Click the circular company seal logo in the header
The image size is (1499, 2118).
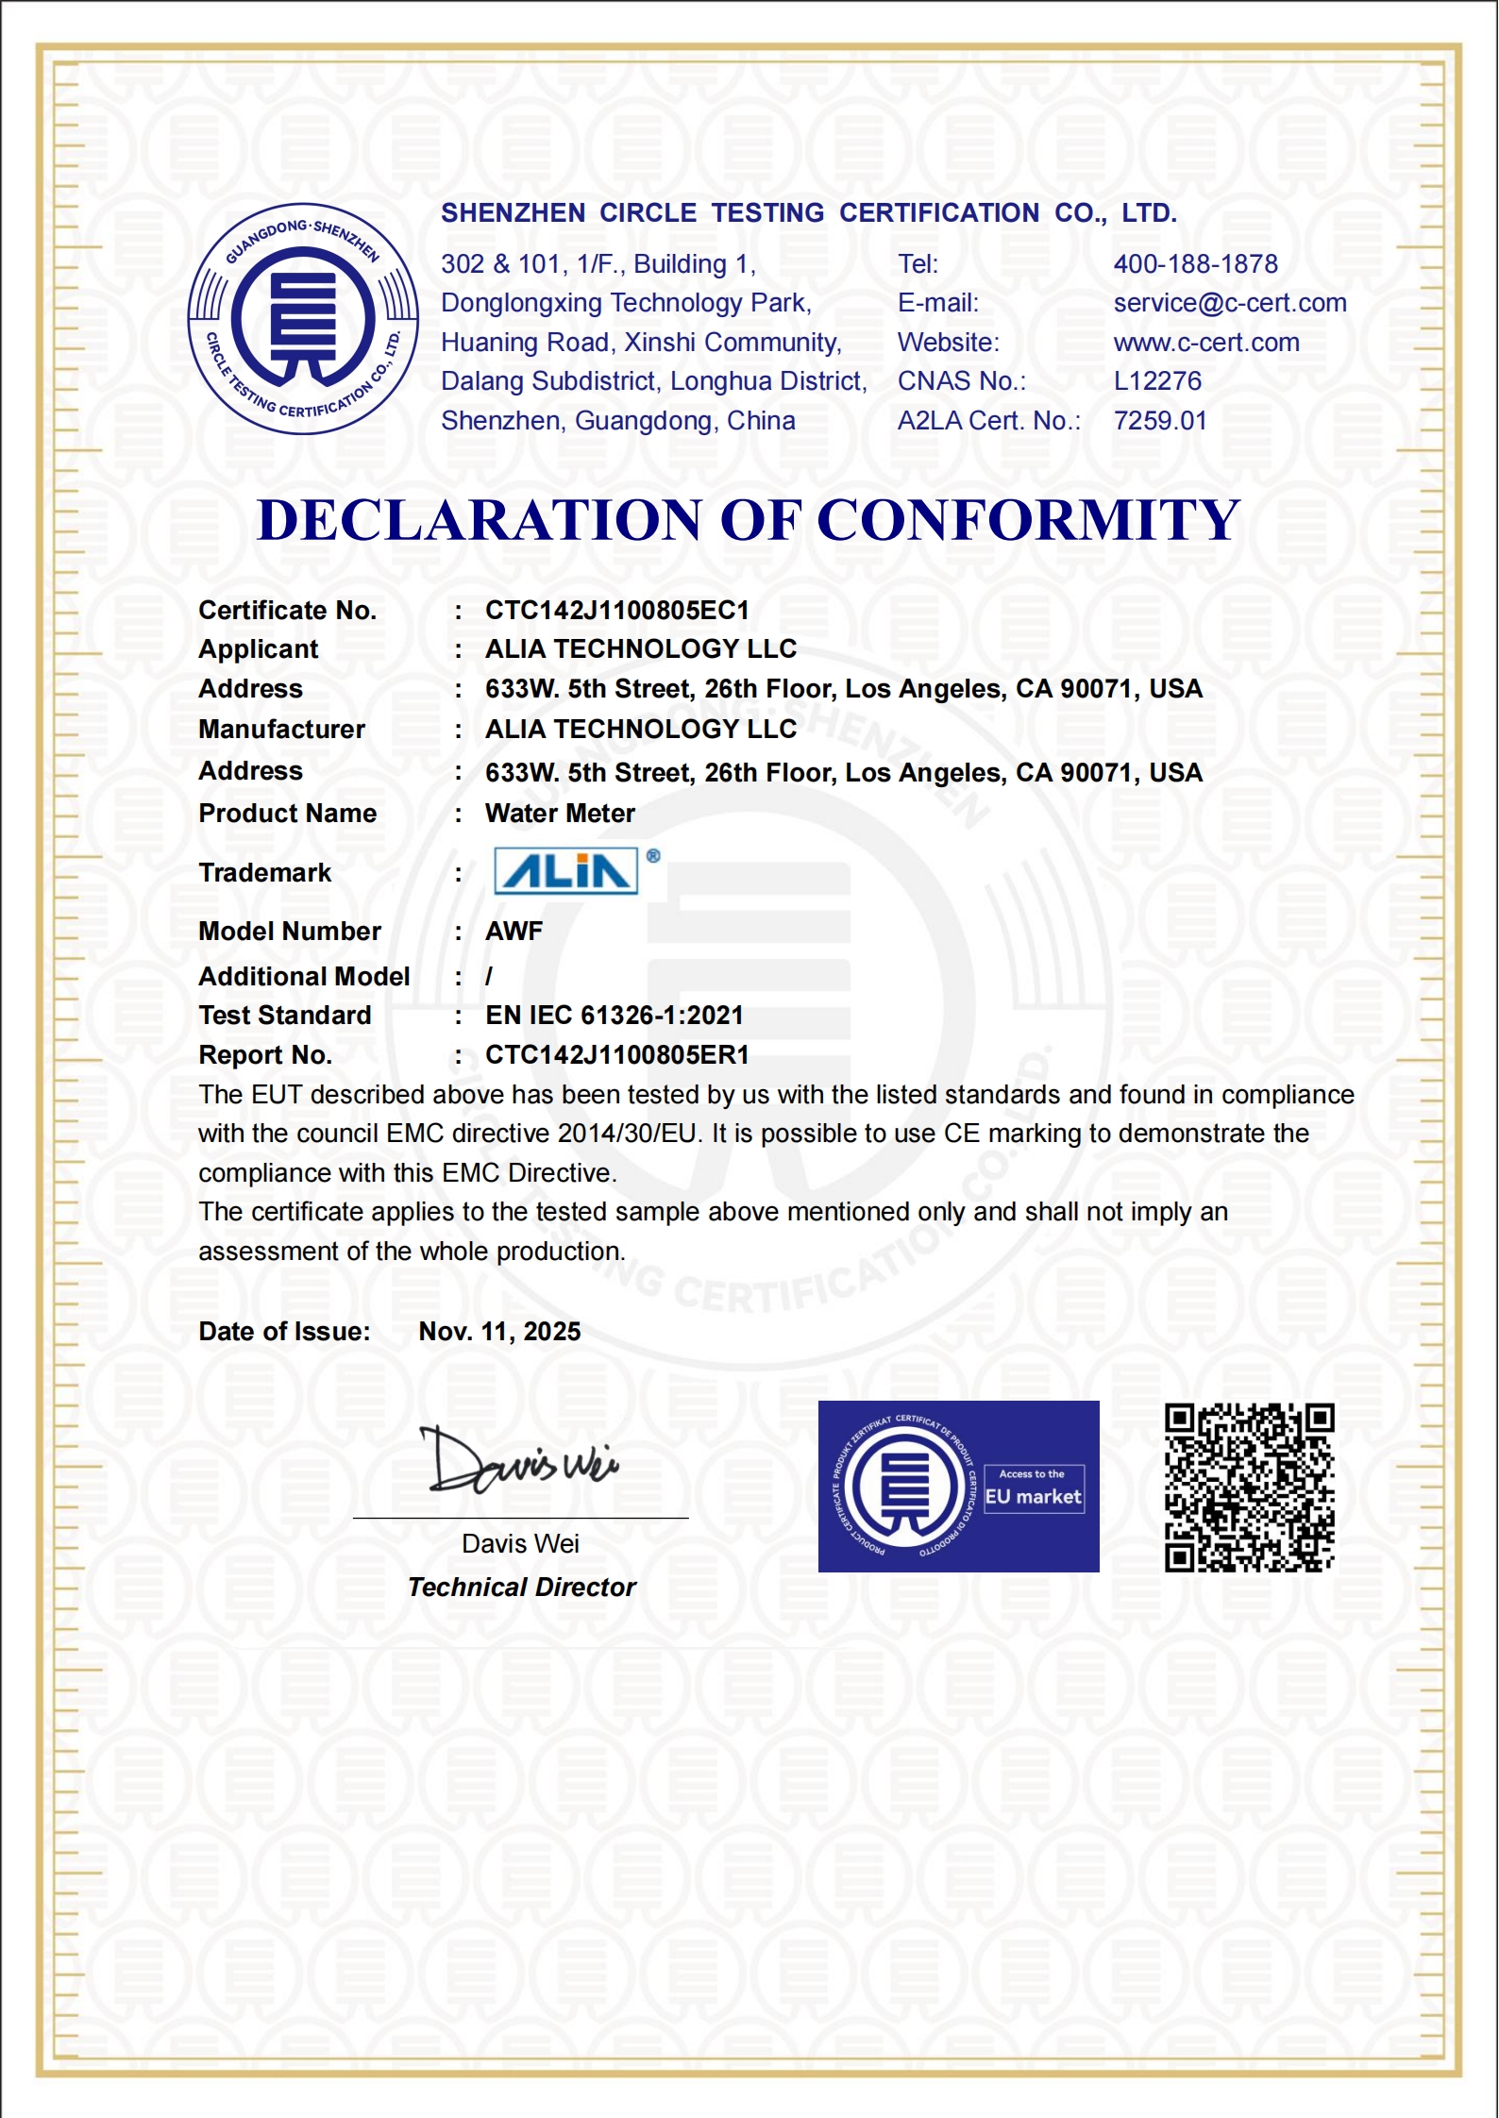(303, 318)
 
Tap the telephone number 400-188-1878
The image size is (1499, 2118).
(1195, 264)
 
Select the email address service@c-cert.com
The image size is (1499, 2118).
(1229, 303)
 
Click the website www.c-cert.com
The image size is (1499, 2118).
(1205, 343)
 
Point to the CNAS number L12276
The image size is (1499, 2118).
(1157, 381)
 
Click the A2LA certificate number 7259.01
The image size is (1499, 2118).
(1160, 421)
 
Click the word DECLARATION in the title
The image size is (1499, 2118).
(480, 520)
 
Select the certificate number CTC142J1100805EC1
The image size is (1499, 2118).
(616, 611)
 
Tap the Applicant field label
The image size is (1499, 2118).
(258, 649)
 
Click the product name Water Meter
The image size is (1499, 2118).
(560, 814)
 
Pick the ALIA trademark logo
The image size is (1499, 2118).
(566, 870)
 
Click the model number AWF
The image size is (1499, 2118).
(514, 932)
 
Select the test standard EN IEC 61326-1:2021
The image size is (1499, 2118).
(614, 1016)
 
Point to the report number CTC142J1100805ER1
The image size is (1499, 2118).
(616, 1055)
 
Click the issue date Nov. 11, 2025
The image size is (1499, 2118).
(499, 1332)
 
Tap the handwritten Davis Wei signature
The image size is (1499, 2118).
(520, 1462)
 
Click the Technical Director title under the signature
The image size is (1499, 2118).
(521, 1588)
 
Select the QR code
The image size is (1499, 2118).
(1249, 1488)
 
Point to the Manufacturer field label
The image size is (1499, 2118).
(281, 730)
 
